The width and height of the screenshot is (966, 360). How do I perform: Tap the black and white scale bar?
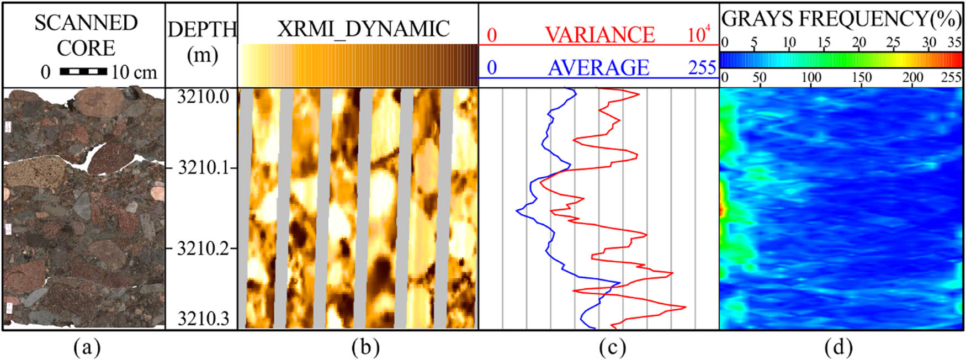(x=83, y=71)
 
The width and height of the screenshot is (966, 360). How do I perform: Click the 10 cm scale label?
(x=134, y=72)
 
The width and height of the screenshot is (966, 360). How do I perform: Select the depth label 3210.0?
(x=203, y=97)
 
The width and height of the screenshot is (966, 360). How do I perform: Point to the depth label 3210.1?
(x=203, y=167)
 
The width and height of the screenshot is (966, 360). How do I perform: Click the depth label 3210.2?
(x=203, y=248)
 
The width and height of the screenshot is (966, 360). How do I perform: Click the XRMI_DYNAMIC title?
(x=363, y=29)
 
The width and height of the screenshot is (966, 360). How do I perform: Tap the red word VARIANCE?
(x=599, y=35)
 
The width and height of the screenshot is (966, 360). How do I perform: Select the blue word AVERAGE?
(x=598, y=68)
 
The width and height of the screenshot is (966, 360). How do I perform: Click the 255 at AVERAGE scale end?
(x=702, y=68)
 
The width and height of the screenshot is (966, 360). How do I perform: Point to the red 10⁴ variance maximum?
(x=699, y=35)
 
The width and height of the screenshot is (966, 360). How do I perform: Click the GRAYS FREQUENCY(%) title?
(x=841, y=19)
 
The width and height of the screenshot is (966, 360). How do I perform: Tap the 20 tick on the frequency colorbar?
(x=858, y=43)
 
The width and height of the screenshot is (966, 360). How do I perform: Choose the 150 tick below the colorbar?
(x=861, y=78)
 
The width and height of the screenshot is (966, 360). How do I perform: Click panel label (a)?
(x=87, y=347)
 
